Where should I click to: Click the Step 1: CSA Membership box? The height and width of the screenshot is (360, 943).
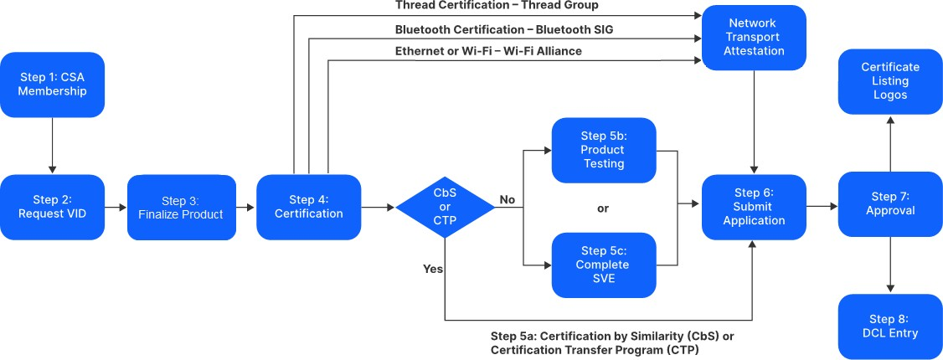click(x=52, y=84)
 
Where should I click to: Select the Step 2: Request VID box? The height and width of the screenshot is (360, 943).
click(x=52, y=206)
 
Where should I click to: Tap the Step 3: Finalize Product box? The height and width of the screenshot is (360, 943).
click(x=181, y=207)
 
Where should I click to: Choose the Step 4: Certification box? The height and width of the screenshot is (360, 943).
click(x=308, y=206)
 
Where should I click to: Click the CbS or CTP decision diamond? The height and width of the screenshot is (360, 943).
click(x=445, y=206)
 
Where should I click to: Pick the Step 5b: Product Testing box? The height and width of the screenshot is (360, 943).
click(x=603, y=150)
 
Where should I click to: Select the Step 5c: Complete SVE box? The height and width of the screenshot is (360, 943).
click(x=603, y=265)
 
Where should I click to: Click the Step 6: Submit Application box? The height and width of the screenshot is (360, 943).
click(x=754, y=206)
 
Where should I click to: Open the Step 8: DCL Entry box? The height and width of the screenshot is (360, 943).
click(x=889, y=326)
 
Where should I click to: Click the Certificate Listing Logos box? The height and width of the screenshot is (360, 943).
click(x=889, y=81)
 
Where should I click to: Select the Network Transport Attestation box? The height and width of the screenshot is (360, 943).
click(x=754, y=38)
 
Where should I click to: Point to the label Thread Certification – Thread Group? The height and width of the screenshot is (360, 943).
click(x=497, y=6)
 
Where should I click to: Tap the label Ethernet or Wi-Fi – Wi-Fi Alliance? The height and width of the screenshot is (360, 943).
click(x=488, y=51)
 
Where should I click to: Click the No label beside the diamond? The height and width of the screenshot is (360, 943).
click(x=508, y=199)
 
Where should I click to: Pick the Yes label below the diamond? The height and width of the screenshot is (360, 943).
click(x=433, y=269)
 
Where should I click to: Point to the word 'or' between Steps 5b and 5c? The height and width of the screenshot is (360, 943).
click(x=603, y=208)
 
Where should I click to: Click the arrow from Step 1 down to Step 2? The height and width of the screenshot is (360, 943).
click(x=52, y=144)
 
